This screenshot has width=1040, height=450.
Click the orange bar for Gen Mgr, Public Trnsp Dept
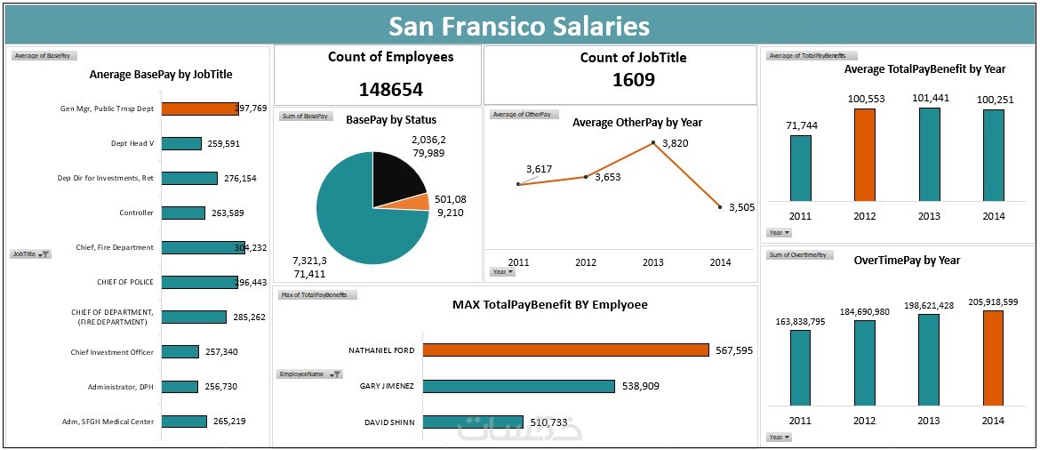coord(200,108)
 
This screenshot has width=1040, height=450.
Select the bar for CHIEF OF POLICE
coord(199,282)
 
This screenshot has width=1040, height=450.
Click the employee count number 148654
coord(390,90)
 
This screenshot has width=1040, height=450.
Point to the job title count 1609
coord(633,80)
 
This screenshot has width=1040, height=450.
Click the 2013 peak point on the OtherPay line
coord(653,142)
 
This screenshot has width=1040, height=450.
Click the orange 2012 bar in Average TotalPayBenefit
coord(864,155)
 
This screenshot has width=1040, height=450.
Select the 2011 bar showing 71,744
coord(800,168)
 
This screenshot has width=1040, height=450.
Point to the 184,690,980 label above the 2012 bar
coord(864,312)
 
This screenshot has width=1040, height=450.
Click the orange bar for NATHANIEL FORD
coord(565,350)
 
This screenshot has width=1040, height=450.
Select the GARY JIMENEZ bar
coord(518,386)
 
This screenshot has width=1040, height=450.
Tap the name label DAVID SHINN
coord(389,422)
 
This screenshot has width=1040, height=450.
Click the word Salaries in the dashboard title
coord(588,26)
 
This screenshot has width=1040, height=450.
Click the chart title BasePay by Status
coord(390,119)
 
